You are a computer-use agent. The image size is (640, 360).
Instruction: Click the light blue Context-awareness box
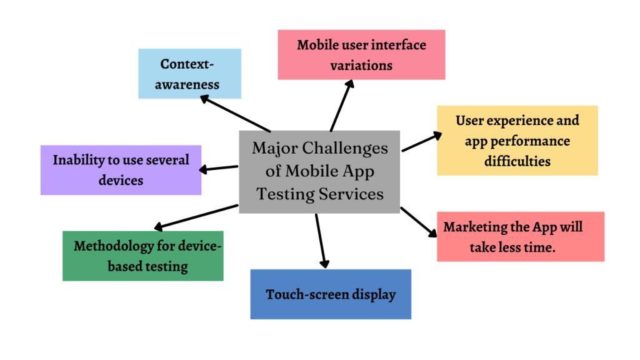click(x=189, y=74)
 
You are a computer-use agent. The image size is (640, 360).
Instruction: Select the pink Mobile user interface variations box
click(x=361, y=54)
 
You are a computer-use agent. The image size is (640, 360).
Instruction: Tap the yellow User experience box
click(x=517, y=140)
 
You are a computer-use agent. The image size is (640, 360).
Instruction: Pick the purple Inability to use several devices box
click(x=121, y=170)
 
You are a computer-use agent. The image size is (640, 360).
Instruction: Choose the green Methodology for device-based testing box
click(x=142, y=256)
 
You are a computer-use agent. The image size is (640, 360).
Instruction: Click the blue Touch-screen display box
click(x=331, y=294)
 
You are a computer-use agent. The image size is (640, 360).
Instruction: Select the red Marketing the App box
click(x=520, y=236)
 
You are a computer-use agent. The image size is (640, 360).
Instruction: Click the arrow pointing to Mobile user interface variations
click(x=341, y=105)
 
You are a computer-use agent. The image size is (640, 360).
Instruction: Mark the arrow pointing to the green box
click(x=195, y=216)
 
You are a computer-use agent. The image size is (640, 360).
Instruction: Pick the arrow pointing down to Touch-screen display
click(x=321, y=241)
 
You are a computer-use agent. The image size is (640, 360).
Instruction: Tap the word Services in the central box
click(x=351, y=194)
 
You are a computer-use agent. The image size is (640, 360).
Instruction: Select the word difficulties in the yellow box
click(x=517, y=161)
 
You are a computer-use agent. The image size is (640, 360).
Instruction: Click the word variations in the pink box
click(x=361, y=65)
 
